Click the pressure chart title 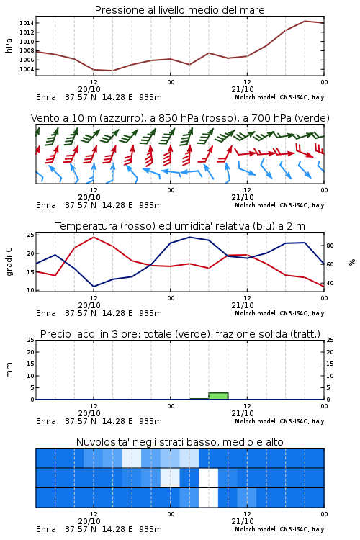179,10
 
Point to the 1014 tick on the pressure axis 27,23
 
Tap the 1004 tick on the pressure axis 27,69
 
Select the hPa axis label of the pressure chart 9,45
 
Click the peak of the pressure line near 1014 305,21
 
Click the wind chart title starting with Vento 180,118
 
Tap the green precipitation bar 218,396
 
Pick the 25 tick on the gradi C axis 31,235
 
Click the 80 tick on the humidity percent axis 330,246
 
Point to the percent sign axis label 352,262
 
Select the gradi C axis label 9,262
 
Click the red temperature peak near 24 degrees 94,238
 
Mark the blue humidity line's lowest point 94,287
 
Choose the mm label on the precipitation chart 9,370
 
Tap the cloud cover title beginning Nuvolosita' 179,442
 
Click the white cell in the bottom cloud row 208,498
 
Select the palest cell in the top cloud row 132,458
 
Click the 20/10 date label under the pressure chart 89,89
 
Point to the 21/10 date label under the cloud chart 243,521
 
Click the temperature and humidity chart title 180,226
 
